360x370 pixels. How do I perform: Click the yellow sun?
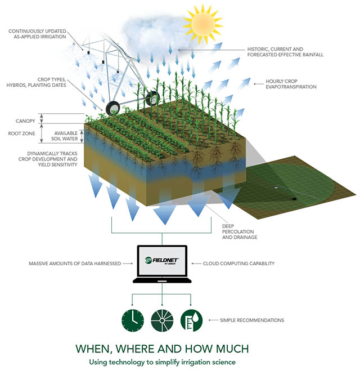point(202,24)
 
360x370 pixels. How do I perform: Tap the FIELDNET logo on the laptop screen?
point(162,261)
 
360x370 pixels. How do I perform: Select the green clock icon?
point(133,320)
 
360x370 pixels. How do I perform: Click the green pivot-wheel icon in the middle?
point(162,320)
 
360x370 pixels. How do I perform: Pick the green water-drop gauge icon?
point(191,320)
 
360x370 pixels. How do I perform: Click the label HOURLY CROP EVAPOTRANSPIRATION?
point(291,84)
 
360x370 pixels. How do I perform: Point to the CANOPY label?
point(25,121)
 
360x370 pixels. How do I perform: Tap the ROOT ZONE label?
point(21,133)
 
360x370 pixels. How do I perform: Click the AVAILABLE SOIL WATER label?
point(65,136)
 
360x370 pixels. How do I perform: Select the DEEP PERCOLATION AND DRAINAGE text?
point(240,231)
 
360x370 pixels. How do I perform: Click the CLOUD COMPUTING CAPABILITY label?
point(238,264)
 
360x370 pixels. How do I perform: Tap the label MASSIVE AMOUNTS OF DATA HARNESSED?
point(75,264)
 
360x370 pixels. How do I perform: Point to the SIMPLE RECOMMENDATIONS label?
point(252,320)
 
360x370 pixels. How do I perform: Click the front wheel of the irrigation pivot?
point(113,109)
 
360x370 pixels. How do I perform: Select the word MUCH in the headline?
point(232,349)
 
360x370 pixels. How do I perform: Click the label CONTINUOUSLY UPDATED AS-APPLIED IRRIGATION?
point(37,34)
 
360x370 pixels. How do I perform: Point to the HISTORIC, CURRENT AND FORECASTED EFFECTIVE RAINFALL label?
point(285,52)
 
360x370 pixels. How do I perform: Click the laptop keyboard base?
point(162,280)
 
